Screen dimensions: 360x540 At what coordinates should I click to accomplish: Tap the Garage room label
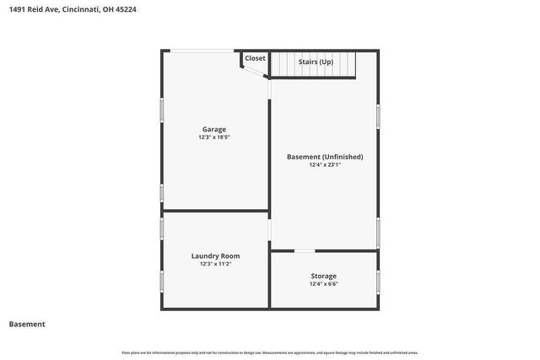click(213, 129)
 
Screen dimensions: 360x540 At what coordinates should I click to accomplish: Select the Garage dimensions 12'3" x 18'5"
click(213, 137)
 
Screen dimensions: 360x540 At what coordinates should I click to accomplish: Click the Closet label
click(255, 58)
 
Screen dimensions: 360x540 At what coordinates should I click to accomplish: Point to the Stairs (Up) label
click(316, 62)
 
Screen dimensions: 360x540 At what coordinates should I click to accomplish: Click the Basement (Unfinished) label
click(325, 157)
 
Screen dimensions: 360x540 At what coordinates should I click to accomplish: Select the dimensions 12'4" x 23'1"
click(325, 165)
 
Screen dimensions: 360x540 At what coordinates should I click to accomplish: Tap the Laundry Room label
click(216, 255)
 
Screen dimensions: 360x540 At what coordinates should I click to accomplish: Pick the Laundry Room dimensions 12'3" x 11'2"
click(216, 264)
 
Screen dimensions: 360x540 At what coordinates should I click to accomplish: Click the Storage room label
click(323, 276)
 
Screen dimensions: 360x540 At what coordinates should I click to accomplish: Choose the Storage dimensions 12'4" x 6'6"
click(323, 284)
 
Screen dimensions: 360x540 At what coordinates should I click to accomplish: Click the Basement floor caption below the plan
click(27, 324)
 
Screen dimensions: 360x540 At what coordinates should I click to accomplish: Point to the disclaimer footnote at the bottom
click(270, 352)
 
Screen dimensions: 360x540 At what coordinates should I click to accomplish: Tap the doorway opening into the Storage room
click(305, 250)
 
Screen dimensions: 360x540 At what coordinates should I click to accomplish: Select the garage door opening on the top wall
click(199, 51)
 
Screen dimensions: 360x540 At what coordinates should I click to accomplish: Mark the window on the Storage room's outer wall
click(378, 281)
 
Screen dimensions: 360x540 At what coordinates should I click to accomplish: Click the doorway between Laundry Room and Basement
click(270, 228)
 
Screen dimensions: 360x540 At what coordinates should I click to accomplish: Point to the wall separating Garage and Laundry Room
click(216, 211)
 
